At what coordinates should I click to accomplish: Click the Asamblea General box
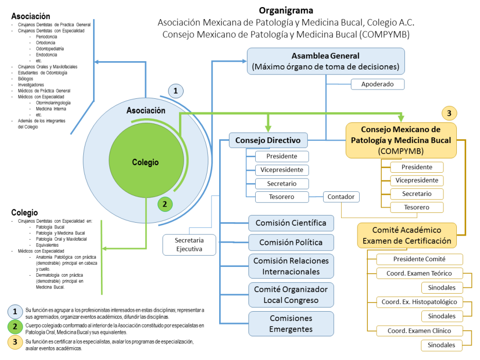(x=326, y=61)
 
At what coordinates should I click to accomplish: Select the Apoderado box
(x=377, y=84)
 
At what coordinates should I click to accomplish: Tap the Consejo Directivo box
(x=268, y=140)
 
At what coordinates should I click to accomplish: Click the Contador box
(x=342, y=196)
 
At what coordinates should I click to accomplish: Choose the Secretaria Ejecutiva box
(x=189, y=245)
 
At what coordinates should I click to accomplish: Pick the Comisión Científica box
(x=291, y=223)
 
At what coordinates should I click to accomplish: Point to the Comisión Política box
(x=291, y=242)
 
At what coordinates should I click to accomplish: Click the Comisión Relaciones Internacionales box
(x=291, y=266)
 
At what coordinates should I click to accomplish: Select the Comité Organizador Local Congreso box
(x=291, y=295)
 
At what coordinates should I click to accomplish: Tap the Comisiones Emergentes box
(x=291, y=323)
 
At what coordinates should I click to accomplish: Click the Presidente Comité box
(x=419, y=259)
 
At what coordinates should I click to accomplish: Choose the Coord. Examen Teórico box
(x=419, y=273)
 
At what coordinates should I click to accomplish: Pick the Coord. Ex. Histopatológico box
(x=419, y=302)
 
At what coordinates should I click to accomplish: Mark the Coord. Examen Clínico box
(x=419, y=331)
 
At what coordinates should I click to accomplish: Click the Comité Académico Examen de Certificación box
(x=406, y=235)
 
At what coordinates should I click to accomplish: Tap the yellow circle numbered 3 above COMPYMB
(x=449, y=113)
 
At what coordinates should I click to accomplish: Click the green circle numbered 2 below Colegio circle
(x=165, y=204)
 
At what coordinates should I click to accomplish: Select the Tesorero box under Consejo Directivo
(x=282, y=196)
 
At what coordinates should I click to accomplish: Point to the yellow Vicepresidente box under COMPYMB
(x=417, y=181)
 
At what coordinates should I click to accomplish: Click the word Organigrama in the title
(x=286, y=10)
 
